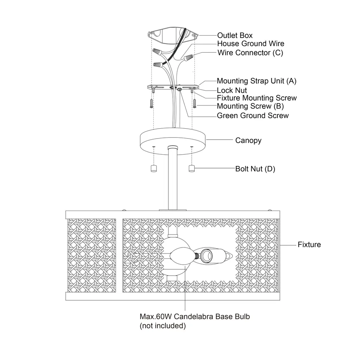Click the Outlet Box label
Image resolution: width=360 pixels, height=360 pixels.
[234, 36]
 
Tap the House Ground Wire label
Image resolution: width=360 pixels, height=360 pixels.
[250, 44]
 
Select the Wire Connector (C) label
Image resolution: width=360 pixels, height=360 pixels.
[250, 53]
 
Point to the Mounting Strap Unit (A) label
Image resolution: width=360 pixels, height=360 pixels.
[256, 81]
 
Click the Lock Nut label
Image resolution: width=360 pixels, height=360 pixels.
[232, 90]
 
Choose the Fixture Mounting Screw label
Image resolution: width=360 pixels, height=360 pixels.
[257, 98]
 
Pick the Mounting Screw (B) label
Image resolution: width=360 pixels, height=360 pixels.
[250, 106]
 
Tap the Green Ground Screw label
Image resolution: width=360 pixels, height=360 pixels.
[252, 116]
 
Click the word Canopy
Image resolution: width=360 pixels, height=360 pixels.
[248, 141]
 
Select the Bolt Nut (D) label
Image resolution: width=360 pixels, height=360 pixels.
[255, 169]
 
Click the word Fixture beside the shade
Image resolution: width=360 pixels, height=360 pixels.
[309, 245]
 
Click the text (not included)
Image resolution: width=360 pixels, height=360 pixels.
[162, 326]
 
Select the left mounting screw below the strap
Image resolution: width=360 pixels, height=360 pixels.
[152, 103]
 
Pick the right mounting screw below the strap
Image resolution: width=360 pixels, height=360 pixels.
[195, 103]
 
